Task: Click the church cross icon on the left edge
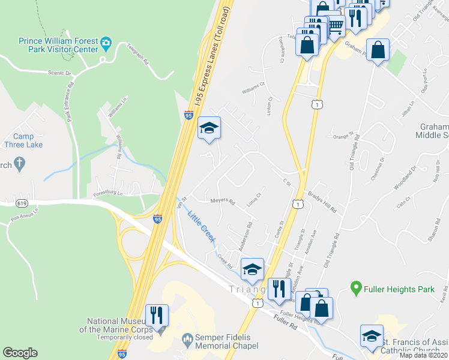pos(19,163)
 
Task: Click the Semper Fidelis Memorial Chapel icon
pos(187,340)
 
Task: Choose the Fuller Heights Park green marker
pos(355,289)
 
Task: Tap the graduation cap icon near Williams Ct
pos(209,128)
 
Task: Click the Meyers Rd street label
pos(222,201)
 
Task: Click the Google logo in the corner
pos(20,353)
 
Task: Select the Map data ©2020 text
pos(423,355)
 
